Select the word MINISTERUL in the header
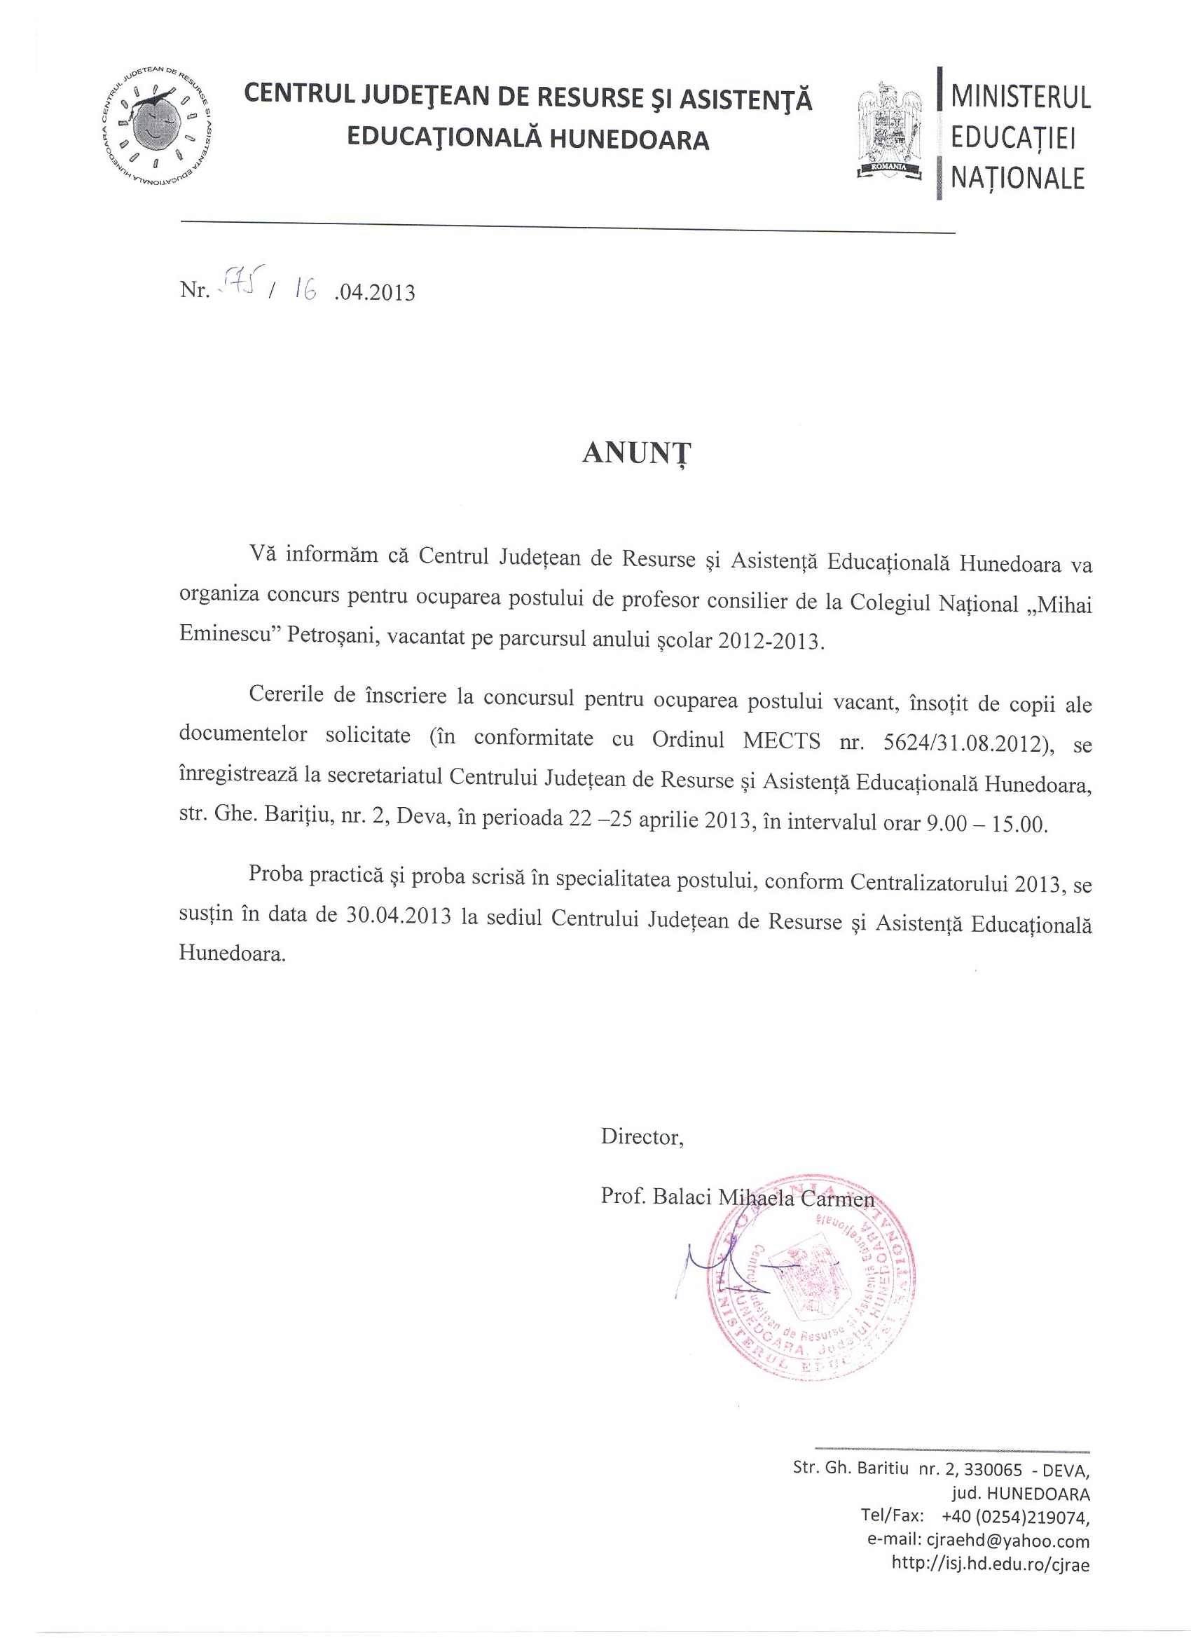(1020, 97)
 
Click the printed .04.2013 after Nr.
(375, 294)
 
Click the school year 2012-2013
(770, 642)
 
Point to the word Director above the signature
(641, 1138)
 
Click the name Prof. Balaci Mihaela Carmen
(737, 1197)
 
